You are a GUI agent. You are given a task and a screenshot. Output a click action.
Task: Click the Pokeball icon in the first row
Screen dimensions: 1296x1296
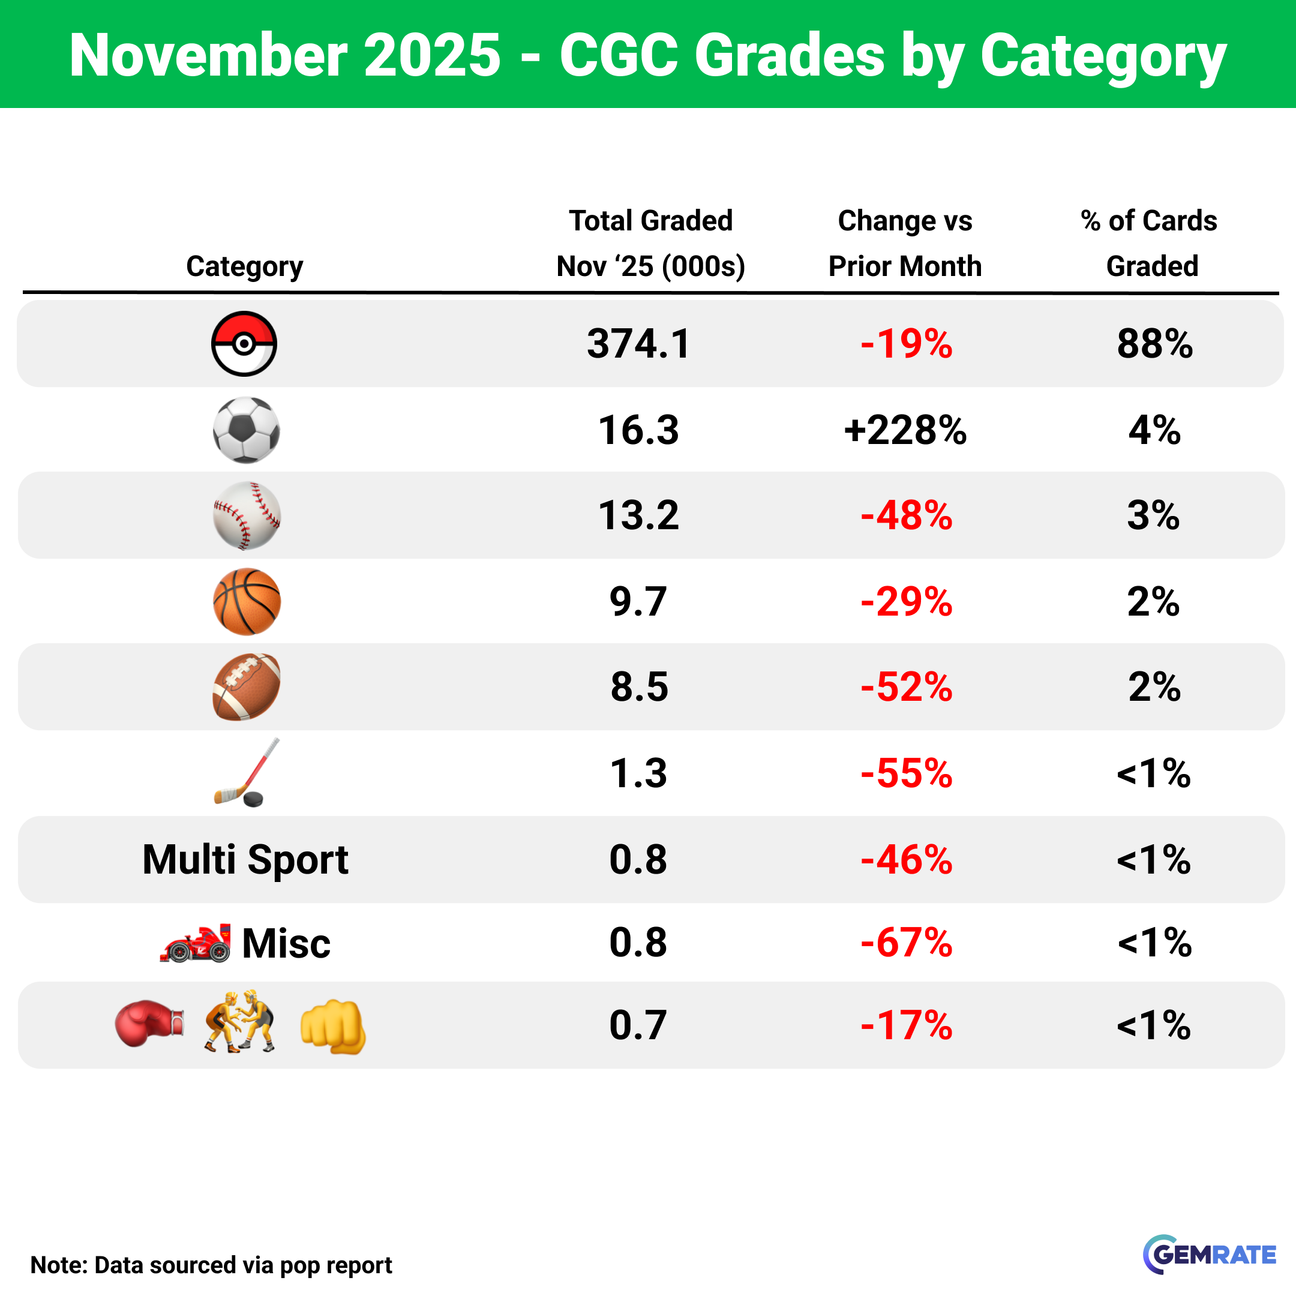[244, 343]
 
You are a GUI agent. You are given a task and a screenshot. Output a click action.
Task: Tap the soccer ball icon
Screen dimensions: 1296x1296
[246, 430]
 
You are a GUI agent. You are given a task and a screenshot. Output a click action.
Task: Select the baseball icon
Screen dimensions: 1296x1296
[246, 515]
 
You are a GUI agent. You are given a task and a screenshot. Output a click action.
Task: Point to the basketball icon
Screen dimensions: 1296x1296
[246, 601]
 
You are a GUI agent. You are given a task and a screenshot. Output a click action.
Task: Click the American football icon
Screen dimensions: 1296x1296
[246, 687]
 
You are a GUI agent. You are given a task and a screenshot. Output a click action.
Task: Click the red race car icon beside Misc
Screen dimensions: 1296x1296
[195, 943]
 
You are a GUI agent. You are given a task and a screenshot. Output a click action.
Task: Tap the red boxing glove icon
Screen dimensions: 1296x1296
[149, 1024]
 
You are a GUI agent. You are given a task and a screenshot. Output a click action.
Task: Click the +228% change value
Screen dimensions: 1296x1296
[905, 430]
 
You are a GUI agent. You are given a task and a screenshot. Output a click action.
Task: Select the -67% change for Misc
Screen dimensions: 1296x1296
[906, 943]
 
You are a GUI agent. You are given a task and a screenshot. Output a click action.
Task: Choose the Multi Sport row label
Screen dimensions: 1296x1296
[245, 859]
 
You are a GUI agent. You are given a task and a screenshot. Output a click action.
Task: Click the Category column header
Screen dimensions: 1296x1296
[244, 266]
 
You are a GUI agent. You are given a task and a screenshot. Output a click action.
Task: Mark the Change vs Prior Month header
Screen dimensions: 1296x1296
[905, 243]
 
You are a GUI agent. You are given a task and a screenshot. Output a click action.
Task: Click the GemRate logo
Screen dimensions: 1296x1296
[1210, 1254]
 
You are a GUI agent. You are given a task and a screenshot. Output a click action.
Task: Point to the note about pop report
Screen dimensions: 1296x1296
[211, 1265]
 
